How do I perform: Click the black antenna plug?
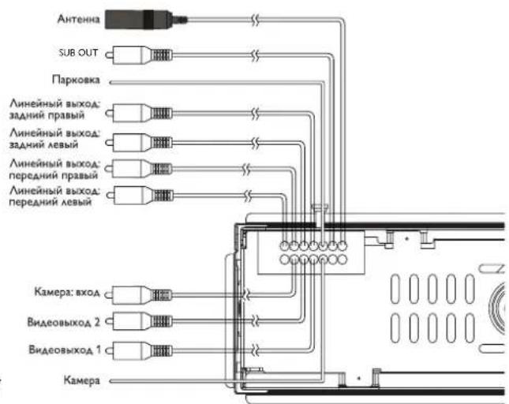tap(146, 20)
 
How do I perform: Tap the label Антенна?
tap(78, 19)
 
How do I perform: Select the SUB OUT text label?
tap(78, 53)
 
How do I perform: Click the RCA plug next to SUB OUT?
tap(139, 55)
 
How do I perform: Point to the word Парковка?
tap(76, 80)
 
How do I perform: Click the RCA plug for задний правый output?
tap(139, 114)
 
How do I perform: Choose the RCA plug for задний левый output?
tap(139, 143)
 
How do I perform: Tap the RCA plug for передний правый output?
tap(139, 169)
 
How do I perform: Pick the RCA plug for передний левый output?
tap(140, 196)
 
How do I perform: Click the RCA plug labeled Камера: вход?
tap(139, 295)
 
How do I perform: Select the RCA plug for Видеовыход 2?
tap(139, 321)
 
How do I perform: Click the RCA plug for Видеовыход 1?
tap(139, 351)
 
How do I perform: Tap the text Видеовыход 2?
tap(64, 322)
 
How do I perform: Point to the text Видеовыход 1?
tap(65, 350)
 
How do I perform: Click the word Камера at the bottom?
tap(81, 380)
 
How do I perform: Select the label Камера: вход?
tap(67, 292)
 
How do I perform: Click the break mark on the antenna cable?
tap(256, 20)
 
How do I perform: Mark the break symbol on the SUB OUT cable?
tap(256, 55)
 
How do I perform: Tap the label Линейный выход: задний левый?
tap(54, 139)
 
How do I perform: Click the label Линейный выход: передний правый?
tap(54, 169)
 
